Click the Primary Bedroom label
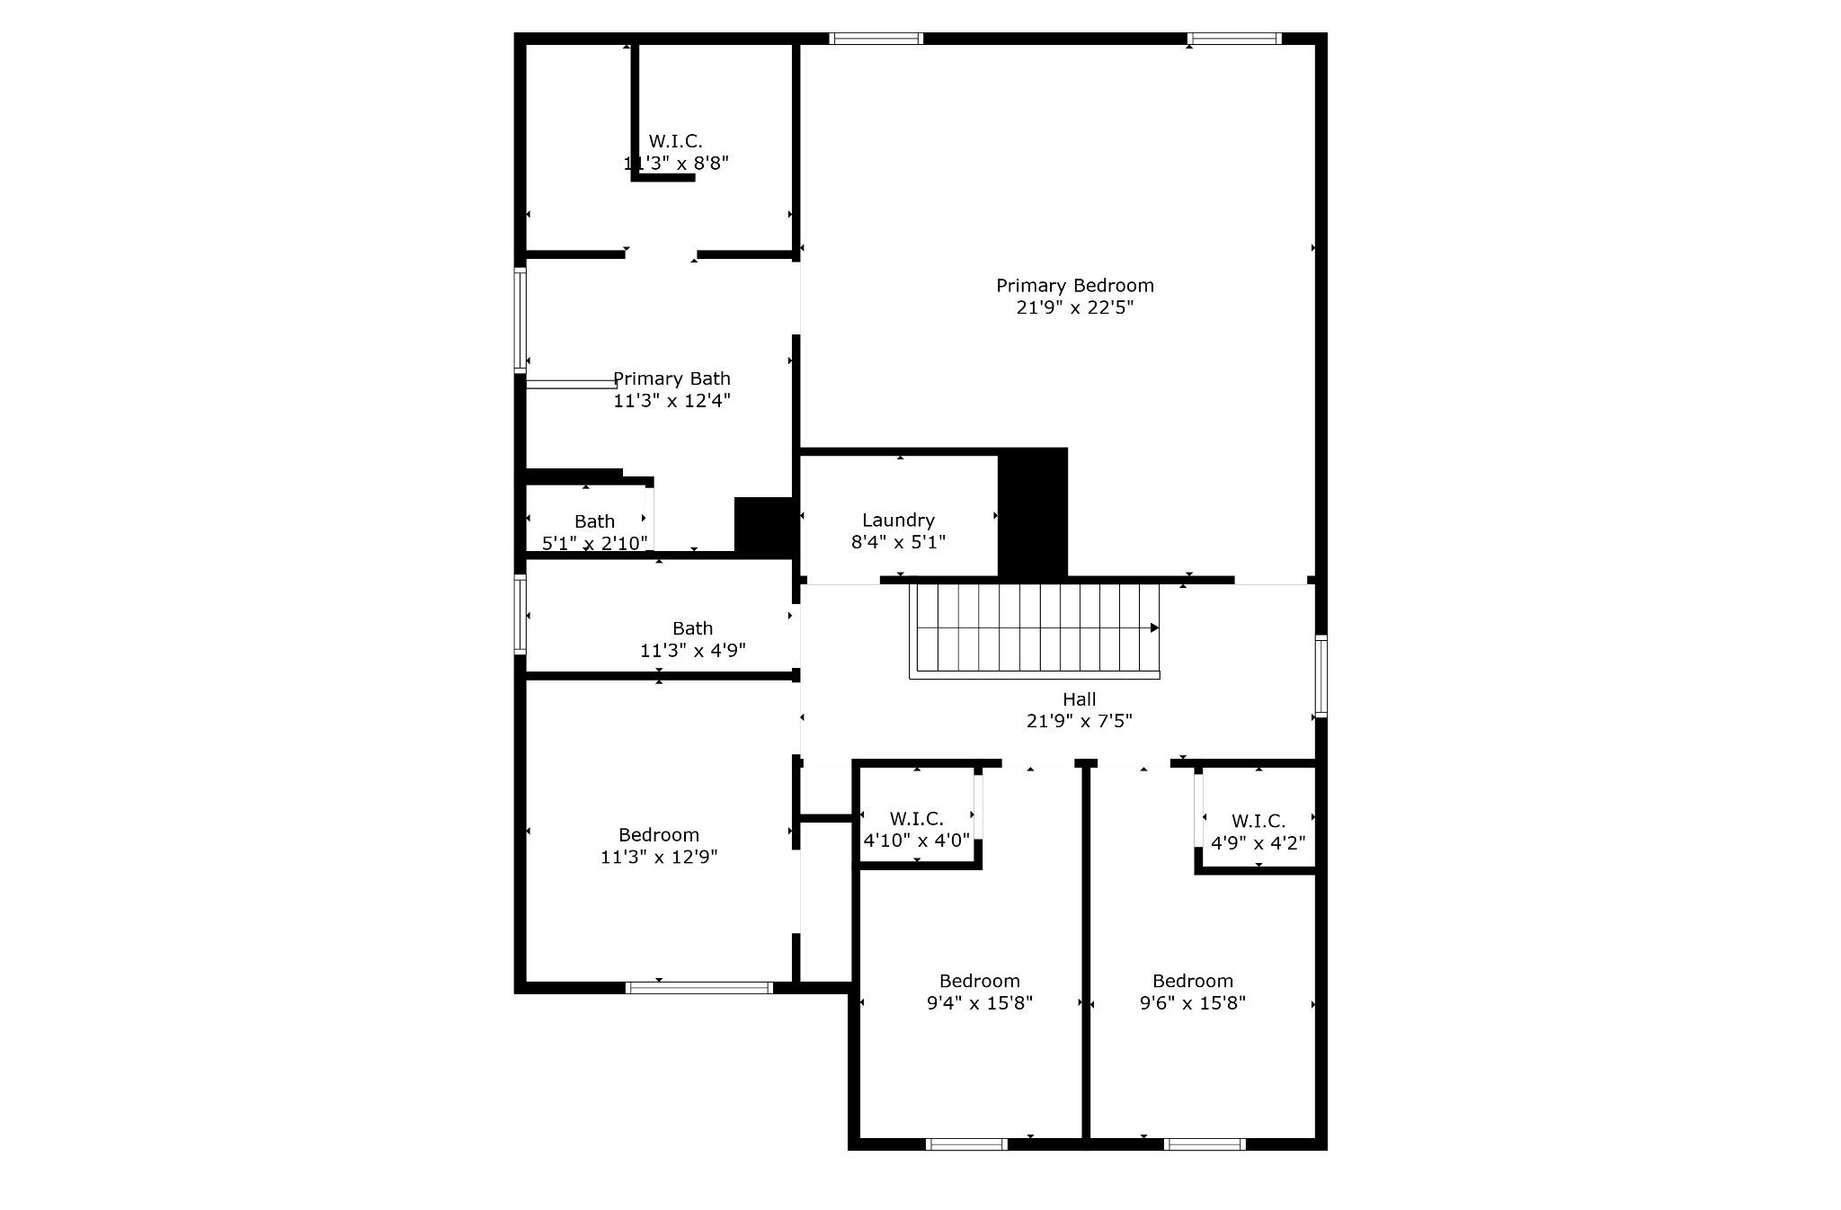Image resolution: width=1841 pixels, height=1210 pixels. (1074, 286)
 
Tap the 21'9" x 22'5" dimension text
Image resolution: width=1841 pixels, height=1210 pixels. (1074, 307)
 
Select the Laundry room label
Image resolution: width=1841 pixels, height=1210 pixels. (898, 520)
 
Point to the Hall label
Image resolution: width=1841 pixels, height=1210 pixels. (1079, 698)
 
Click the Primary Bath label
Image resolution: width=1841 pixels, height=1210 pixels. (671, 378)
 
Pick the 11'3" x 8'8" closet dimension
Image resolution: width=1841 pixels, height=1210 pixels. (676, 164)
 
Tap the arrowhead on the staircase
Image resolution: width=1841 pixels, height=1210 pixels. (1155, 627)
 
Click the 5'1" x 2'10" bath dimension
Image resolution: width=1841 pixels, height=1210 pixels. (594, 543)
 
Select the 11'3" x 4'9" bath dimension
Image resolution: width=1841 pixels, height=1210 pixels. (692, 650)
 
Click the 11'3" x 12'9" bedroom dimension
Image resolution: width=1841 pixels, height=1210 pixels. (659, 857)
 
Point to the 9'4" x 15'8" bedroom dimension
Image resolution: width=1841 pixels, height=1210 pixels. (980, 1002)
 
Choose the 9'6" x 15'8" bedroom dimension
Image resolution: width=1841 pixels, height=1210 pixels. (1193, 1002)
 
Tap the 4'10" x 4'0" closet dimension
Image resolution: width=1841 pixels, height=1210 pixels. (917, 841)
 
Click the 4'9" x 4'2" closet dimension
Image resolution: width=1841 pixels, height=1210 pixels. (1258, 842)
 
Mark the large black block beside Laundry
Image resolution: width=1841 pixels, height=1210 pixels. (1033, 512)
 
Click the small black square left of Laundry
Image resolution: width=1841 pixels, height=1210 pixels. (763, 525)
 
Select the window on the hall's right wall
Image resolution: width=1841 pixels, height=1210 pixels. (1321, 676)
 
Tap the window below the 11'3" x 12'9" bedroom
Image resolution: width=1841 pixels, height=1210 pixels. (698, 988)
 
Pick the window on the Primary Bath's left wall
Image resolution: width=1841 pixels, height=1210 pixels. (520, 320)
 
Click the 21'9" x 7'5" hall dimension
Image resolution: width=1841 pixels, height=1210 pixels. (1079, 720)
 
